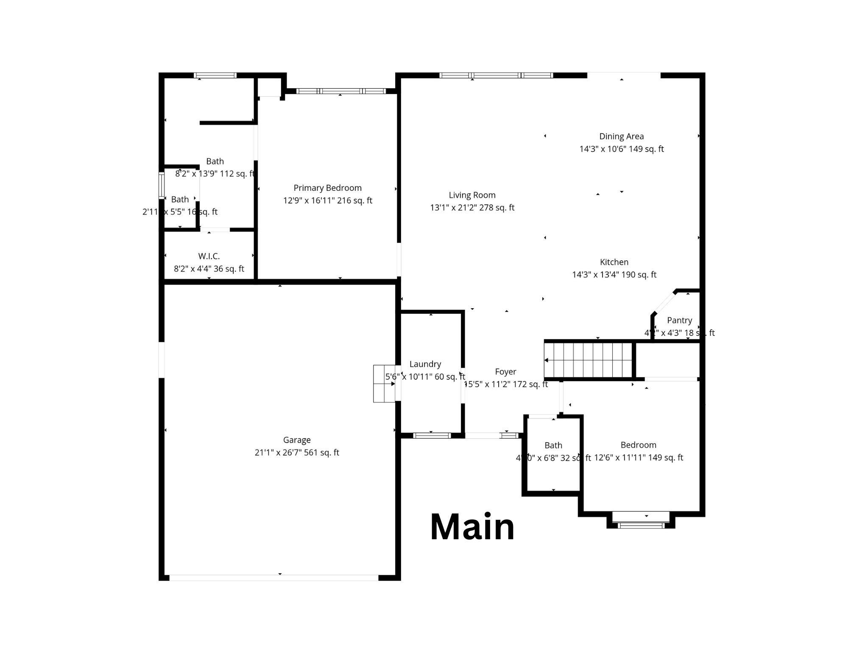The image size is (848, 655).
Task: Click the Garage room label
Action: pyautogui.click(x=297, y=440)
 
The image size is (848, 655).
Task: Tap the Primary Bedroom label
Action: pyautogui.click(x=327, y=188)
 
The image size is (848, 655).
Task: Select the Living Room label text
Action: pyautogui.click(x=472, y=195)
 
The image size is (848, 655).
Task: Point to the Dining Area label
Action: pyautogui.click(x=621, y=137)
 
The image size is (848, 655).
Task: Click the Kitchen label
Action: pyautogui.click(x=614, y=262)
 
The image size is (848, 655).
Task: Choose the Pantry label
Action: pyautogui.click(x=679, y=321)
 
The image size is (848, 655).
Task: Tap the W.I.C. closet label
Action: pyautogui.click(x=209, y=256)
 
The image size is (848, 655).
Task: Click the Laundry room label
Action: pyautogui.click(x=425, y=364)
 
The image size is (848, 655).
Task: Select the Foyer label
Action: pyautogui.click(x=505, y=372)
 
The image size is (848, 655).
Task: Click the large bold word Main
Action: pyautogui.click(x=472, y=527)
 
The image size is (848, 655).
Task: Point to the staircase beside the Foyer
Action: pyautogui.click(x=589, y=360)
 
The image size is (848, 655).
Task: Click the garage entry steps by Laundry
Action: pyautogui.click(x=384, y=384)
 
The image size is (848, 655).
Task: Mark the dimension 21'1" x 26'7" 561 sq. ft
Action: pyautogui.click(x=297, y=453)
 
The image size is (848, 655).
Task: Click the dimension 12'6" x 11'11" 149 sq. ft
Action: pyautogui.click(x=639, y=458)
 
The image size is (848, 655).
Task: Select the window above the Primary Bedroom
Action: pyautogui.click(x=340, y=91)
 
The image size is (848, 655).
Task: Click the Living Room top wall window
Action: pyautogui.click(x=496, y=75)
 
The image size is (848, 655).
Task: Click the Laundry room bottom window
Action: pyautogui.click(x=432, y=435)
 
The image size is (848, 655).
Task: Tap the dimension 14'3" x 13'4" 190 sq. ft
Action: pyautogui.click(x=614, y=275)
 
